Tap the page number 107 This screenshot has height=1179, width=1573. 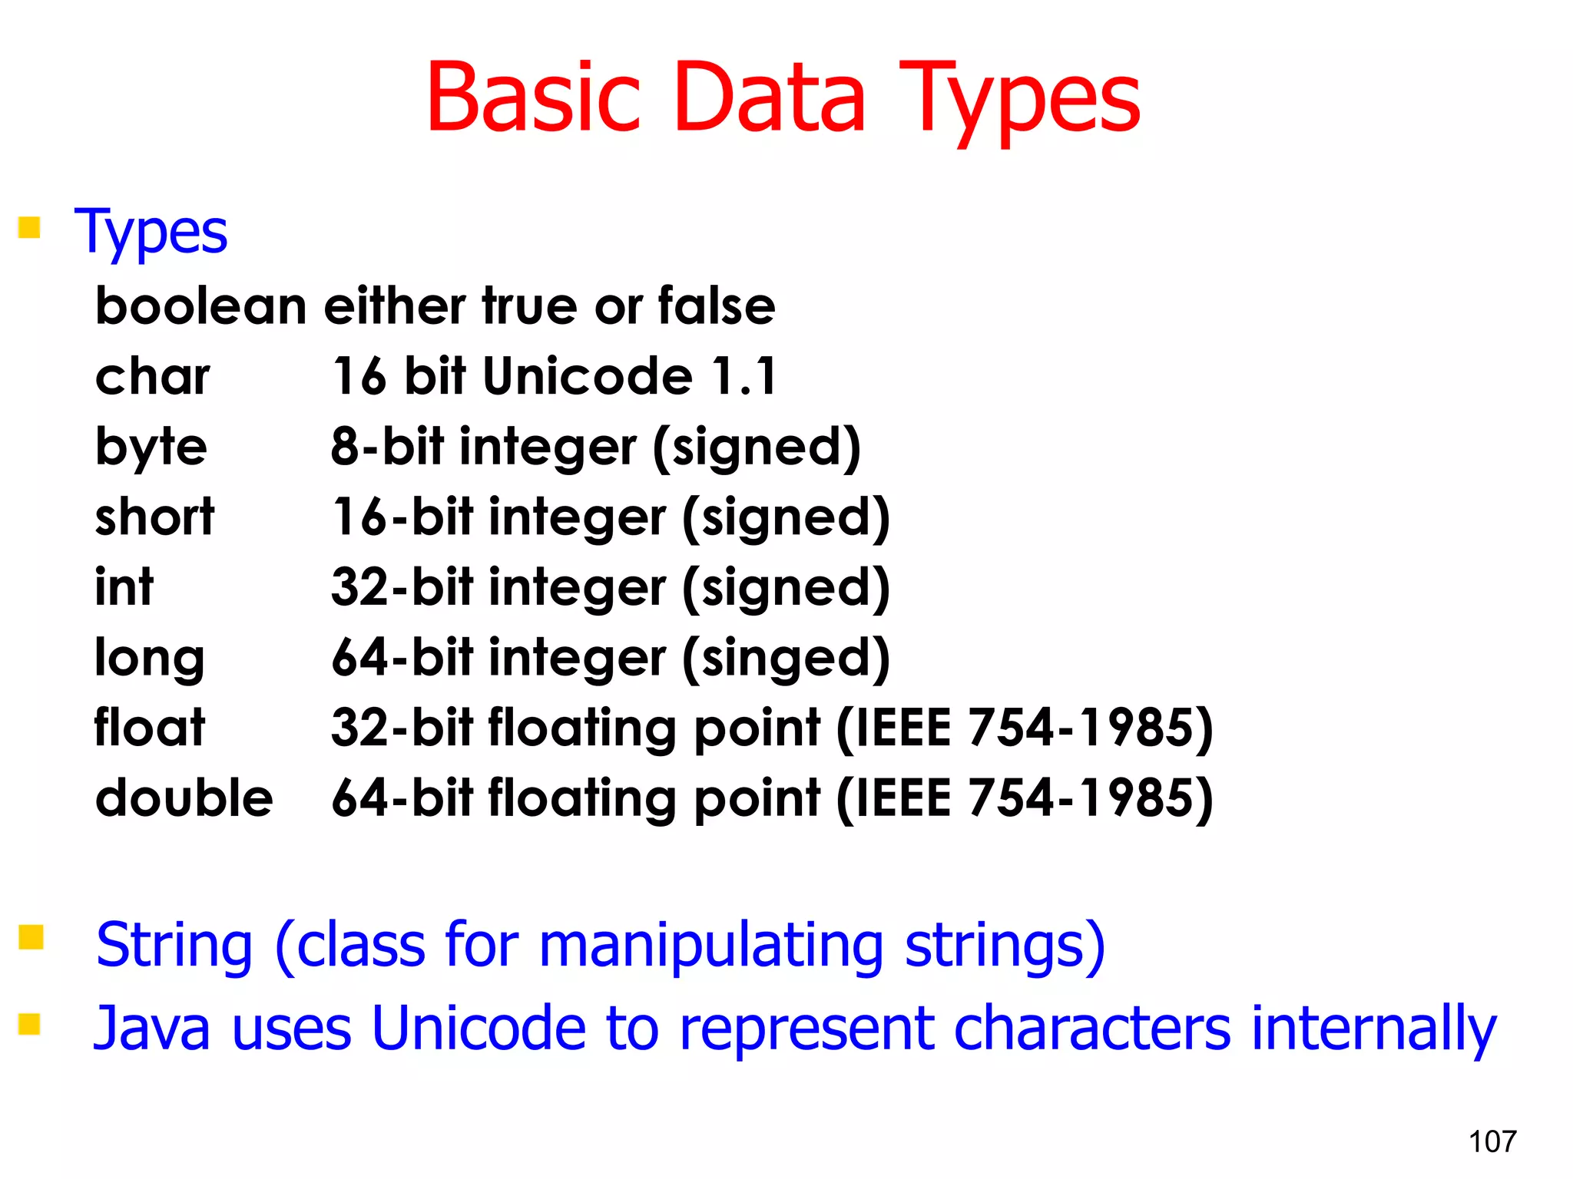click(1492, 1141)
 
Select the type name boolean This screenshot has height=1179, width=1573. click(200, 305)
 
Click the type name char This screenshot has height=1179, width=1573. click(152, 376)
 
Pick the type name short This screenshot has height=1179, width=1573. click(154, 517)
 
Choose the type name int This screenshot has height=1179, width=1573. click(124, 586)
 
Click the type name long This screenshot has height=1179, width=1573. click(149, 659)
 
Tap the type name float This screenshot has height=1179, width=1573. click(150, 727)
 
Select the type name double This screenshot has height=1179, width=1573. click(184, 798)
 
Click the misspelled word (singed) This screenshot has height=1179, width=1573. click(786, 659)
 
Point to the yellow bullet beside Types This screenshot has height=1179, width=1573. click(29, 227)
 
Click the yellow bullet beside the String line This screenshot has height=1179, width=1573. click(31, 937)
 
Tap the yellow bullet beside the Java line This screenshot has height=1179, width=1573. click(29, 1024)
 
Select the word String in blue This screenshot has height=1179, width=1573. click(174, 946)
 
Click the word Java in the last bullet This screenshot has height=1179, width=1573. click(151, 1029)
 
